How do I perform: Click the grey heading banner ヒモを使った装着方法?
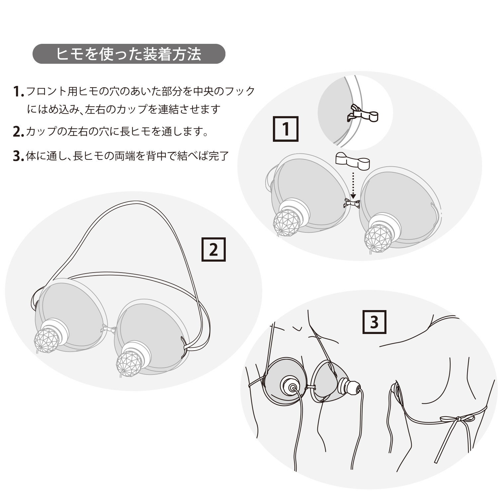pyautogui.click(x=129, y=54)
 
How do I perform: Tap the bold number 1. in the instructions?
pyautogui.click(x=18, y=92)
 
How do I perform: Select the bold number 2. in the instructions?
pyautogui.click(x=18, y=132)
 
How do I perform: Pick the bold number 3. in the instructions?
pyautogui.click(x=18, y=156)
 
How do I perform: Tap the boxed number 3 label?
pyautogui.click(x=374, y=322)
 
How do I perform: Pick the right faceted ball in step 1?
pyautogui.click(x=376, y=238)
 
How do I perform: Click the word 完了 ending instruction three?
pyautogui.click(x=218, y=156)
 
